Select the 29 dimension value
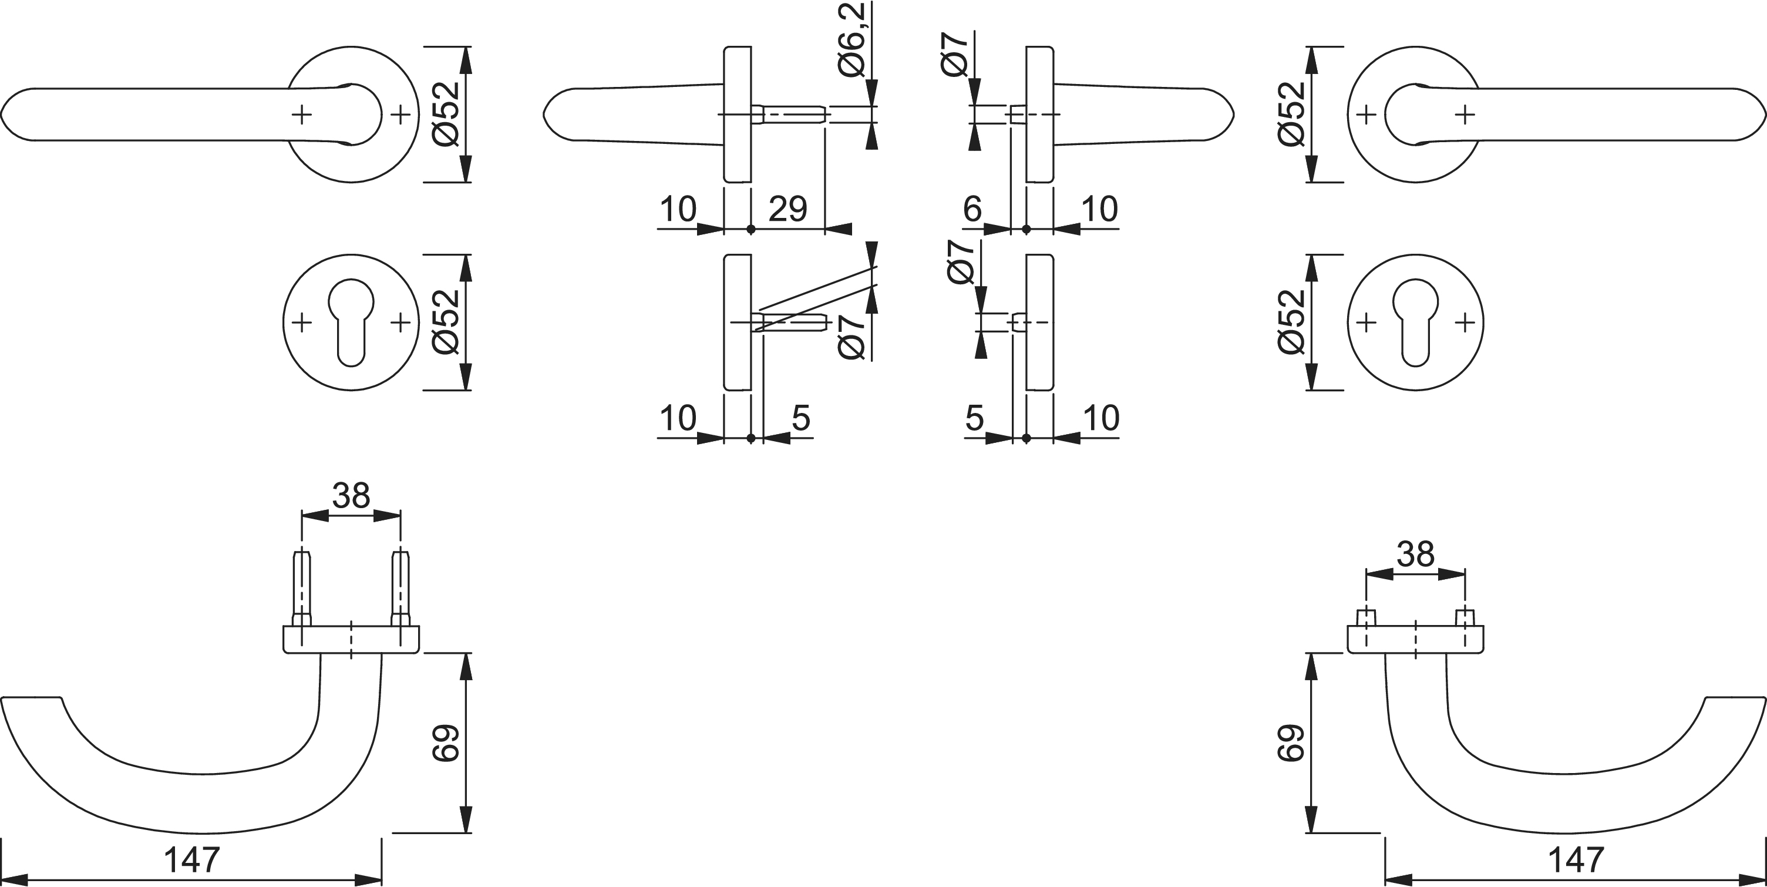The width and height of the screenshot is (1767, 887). (787, 209)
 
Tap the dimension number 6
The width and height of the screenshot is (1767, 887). (972, 209)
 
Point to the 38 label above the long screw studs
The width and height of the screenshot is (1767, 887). (351, 495)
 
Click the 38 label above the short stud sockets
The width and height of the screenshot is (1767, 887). (1416, 553)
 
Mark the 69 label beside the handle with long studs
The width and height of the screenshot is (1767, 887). (445, 742)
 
